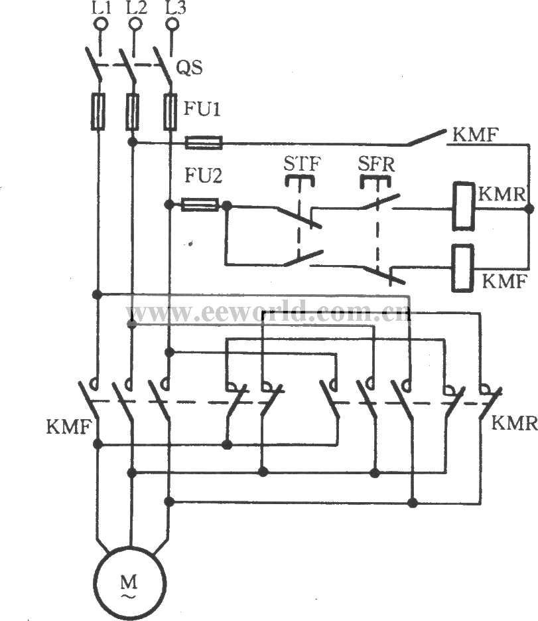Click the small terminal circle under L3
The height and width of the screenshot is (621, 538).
(x=172, y=25)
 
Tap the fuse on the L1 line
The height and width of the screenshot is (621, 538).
(x=98, y=110)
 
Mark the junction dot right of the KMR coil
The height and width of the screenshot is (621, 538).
(x=528, y=209)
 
